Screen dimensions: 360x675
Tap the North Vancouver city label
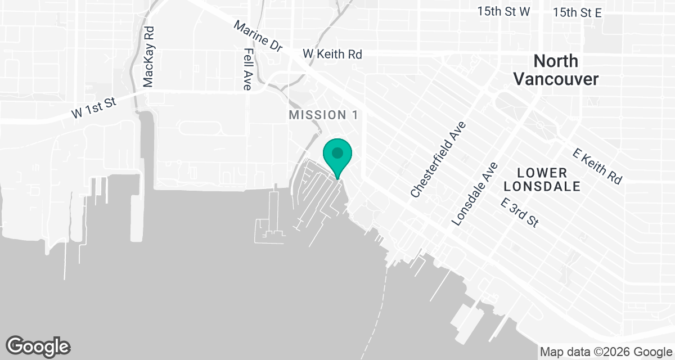coord(556,70)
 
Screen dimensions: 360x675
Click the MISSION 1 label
coord(323,115)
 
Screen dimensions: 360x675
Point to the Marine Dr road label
coord(258,37)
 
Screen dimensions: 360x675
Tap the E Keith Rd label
coord(597,166)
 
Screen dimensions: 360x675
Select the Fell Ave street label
coord(247,69)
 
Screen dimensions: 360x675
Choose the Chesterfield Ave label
coord(439,159)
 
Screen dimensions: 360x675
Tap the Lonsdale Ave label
coord(475,194)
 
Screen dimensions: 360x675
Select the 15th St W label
coord(503,12)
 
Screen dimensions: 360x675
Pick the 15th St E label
coord(577,12)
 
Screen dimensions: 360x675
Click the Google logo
coord(38,345)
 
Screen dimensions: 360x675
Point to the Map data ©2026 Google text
coord(606,352)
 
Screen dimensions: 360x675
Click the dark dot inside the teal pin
coord(337,152)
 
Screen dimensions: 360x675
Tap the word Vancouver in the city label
coord(556,79)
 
